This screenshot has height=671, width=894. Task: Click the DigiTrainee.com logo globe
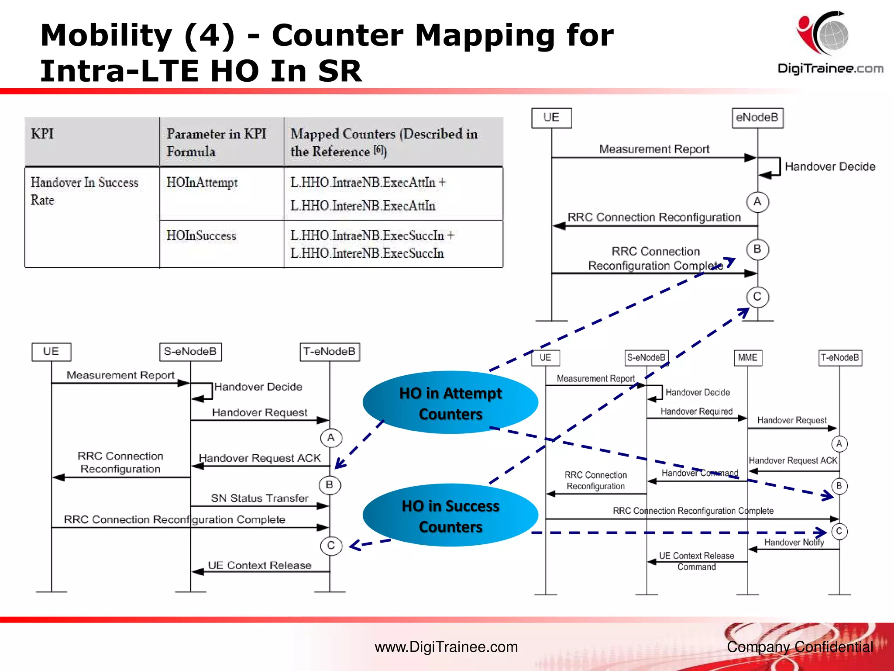click(833, 34)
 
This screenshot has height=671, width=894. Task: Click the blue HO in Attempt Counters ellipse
click(450, 403)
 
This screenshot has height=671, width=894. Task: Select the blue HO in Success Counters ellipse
click(450, 515)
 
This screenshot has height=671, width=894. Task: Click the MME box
click(747, 358)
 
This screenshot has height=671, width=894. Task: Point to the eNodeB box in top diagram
click(757, 118)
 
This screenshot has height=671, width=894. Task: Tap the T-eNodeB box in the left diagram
click(330, 352)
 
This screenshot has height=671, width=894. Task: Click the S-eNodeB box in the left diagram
click(190, 352)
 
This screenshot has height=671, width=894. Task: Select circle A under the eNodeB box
click(757, 202)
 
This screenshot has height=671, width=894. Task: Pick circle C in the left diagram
click(331, 546)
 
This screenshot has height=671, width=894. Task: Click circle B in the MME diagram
click(839, 486)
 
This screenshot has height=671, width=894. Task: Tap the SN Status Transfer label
click(260, 498)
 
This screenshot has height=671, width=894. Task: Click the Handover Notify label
click(794, 543)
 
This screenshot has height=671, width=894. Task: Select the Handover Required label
click(696, 412)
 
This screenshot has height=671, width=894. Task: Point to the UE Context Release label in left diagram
click(260, 565)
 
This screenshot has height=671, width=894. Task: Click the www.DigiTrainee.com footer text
click(446, 647)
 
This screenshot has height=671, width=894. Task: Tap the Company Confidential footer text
click(800, 647)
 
